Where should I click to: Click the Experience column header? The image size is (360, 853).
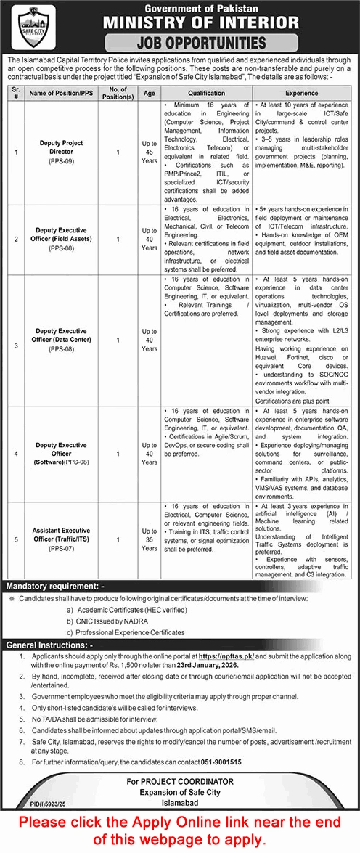click(x=300, y=94)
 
